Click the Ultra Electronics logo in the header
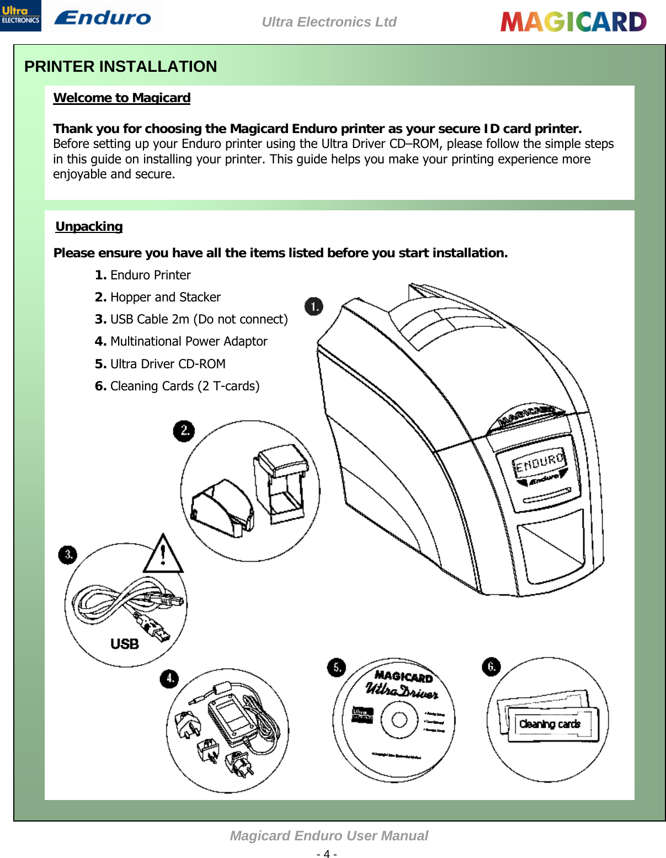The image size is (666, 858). (20, 15)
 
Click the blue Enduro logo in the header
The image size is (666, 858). (103, 18)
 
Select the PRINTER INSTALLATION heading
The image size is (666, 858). (120, 66)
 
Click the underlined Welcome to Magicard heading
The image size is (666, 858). (121, 98)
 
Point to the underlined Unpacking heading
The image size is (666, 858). (89, 226)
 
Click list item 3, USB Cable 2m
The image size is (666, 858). (191, 319)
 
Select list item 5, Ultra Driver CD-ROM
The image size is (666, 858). (160, 364)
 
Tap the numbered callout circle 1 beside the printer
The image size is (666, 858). (313, 306)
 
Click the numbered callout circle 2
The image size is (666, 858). (184, 430)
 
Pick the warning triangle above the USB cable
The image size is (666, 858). (163, 554)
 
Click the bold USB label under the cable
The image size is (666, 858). (125, 644)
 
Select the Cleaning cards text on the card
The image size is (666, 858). (550, 724)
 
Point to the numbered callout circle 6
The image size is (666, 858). (491, 666)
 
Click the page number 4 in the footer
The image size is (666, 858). (327, 854)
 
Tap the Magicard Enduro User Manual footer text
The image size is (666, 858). (329, 836)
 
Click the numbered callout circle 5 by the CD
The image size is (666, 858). (336, 668)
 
